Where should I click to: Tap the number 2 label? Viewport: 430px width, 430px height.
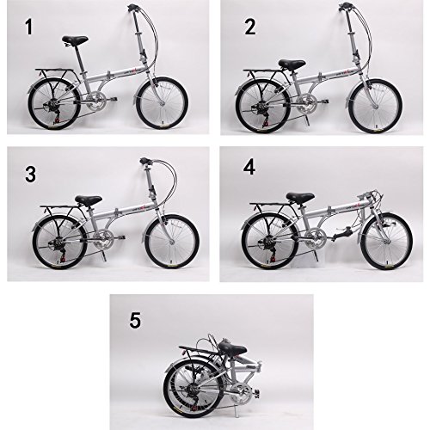tap(250, 28)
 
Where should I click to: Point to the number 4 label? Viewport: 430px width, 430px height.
tap(249, 166)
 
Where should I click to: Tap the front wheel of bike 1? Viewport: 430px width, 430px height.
tap(161, 104)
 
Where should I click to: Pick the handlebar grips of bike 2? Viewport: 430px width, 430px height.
tap(347, 7)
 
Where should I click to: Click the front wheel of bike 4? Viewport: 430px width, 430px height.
tap(385, 243)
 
